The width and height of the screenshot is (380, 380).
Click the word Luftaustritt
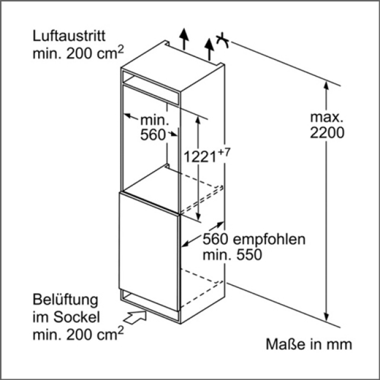click(x=69, y=36)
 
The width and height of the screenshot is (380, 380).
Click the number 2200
click(x=327, y=134)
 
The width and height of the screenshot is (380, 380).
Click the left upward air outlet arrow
click(x=185, y=39)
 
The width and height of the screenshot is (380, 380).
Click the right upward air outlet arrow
click(x=208, y=48)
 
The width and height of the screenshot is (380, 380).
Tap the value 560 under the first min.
click(x=153, y=135)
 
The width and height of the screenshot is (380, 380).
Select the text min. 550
click(x=232, y=255)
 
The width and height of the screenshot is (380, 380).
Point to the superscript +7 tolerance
click(x=223, y=152)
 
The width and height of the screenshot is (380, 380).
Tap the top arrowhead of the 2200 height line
click(x=326, y=84)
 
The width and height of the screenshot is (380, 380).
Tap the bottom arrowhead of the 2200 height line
click(x=326, y=317)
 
